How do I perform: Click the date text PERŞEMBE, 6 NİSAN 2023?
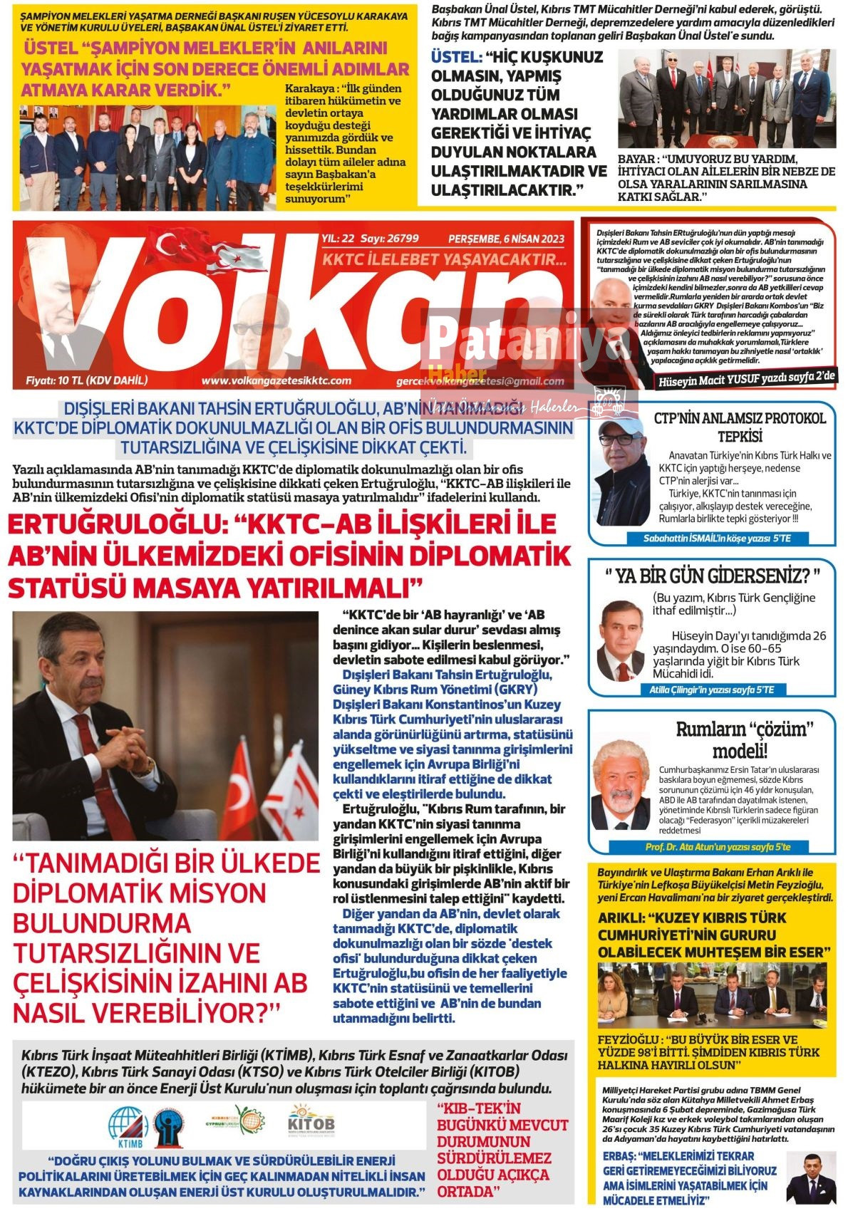(506, 239)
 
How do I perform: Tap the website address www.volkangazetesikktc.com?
(276, 381)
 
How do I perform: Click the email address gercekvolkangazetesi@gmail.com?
(480, 382)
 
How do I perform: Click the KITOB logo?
(311, 1122)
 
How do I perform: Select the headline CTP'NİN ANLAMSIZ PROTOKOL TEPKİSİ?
(740, 426)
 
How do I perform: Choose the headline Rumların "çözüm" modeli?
(744, 739)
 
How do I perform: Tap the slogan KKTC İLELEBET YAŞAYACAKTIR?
(444, 259)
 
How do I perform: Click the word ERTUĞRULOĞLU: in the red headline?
(114, 525)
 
